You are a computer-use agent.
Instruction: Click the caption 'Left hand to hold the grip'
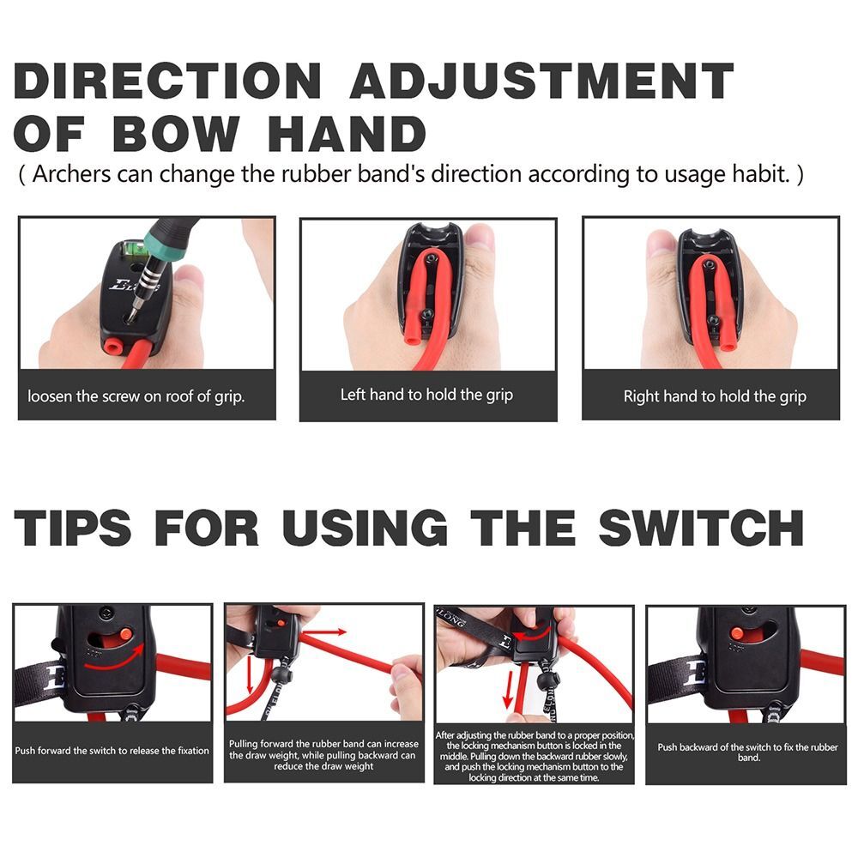coord(426,395)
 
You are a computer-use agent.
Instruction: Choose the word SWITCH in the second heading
coord(701,526)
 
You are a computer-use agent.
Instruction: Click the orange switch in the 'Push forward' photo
coord(125,634)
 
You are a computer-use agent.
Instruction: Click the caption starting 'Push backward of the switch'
coord(739,752)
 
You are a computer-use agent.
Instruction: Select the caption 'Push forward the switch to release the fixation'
coord(112,751)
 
